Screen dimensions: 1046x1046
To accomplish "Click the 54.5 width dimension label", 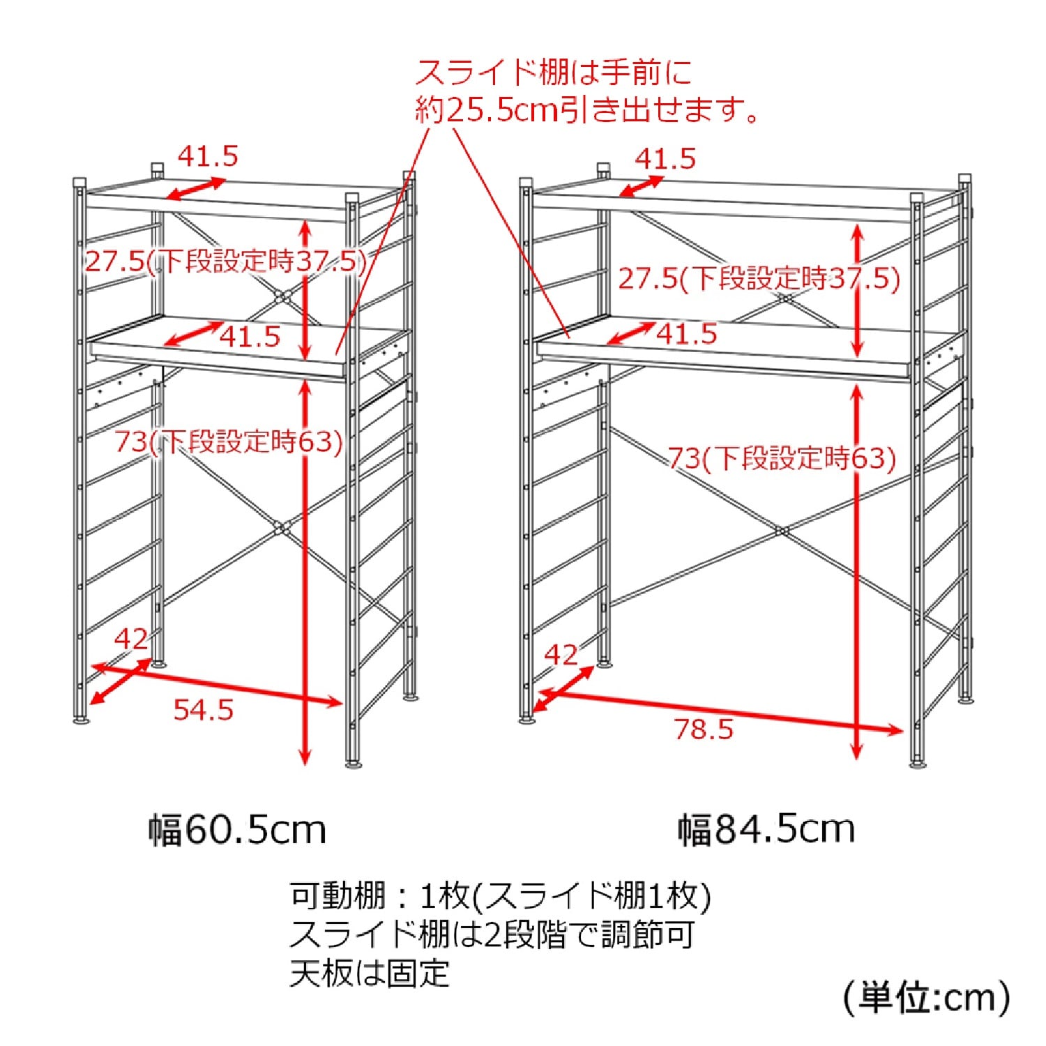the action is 203,710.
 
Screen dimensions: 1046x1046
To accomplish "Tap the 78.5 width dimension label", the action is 704,729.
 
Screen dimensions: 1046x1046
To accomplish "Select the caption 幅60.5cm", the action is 237,830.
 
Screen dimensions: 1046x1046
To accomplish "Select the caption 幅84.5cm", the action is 766,829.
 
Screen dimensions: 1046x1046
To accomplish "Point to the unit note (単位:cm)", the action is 927,998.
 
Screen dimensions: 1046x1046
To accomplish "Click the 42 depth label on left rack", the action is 131,639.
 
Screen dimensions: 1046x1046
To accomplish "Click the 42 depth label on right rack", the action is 561,655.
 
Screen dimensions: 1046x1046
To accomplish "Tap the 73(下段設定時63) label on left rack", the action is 229,441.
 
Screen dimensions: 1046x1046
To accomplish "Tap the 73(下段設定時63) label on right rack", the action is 782,458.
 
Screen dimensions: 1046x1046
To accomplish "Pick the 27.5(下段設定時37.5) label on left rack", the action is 225,261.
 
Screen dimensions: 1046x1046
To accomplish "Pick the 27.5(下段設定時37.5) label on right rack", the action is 759,279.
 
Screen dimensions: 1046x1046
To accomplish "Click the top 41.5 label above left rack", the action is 208,156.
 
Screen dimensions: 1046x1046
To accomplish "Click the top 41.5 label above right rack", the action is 665,159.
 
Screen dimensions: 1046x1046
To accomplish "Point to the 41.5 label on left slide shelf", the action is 250,337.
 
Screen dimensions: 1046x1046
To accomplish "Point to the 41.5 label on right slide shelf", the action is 686,334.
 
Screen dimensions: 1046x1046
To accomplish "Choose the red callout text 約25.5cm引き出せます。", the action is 587,110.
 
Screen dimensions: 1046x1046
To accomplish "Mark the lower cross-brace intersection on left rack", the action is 282,528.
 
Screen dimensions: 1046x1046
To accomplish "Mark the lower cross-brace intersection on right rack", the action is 782,531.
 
